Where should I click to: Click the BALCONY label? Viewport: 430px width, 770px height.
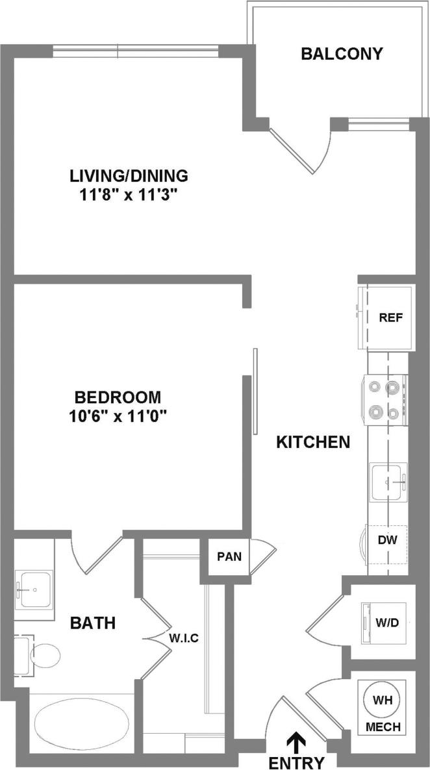(x=342, y=54)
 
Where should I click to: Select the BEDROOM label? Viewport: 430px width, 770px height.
(x=117, y=397)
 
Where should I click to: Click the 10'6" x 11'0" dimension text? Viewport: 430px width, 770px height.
(x=117, y=416)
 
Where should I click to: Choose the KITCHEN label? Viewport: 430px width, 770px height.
(x=313, y=443)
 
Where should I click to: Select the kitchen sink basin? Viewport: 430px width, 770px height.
(x=388, y=482)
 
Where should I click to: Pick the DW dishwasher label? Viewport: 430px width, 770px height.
(x=388, y=538)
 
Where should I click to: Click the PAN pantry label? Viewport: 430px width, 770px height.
(x=229, y=556)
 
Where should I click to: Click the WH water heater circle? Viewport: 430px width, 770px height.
(x=383, y=700)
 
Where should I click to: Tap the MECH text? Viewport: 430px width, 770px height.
(x=383, y=727)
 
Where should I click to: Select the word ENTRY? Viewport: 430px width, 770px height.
(x=296, y=762)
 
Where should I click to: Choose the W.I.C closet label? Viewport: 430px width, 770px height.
(x=184, y=638)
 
